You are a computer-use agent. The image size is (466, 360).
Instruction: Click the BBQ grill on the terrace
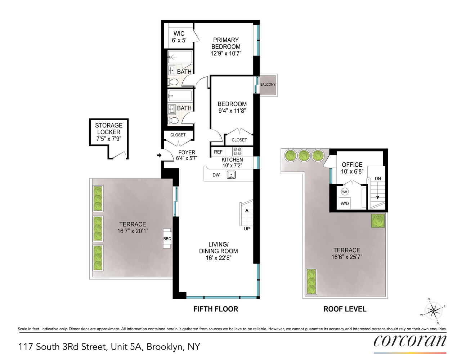click(x=167, y=238)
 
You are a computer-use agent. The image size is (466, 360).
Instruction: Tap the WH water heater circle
click(x=345, y=192)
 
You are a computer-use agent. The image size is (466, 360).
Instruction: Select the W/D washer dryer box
click(x=345, y=203)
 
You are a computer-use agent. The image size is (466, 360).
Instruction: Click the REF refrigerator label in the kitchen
click(x=218, y=152)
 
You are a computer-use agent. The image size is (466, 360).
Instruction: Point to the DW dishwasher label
click(x=216, y=175)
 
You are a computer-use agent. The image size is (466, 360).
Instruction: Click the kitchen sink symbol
click(x=231, y=175)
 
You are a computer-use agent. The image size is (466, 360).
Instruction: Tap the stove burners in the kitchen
click(x=237, y=151)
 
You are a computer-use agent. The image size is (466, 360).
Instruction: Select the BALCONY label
click(x=268, y=85)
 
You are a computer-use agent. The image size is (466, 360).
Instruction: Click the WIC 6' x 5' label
click(x=179, y=37)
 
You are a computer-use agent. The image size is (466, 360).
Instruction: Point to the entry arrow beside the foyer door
click(x=159, y=156)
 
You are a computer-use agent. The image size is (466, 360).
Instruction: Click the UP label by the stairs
click(x=247, y=229)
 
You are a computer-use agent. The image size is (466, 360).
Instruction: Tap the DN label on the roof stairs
click(x=378, y=179)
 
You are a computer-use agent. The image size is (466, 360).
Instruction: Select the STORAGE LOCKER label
click(x=109, y=132)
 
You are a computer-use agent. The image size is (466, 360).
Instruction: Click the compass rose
click(x=433, y=311)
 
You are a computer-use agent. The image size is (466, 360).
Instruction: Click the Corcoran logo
click(x=410, y=341)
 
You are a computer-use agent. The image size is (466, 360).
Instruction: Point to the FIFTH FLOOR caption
click(x=216, y=309)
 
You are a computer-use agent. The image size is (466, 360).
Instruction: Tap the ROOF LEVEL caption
click(x=345, y=309)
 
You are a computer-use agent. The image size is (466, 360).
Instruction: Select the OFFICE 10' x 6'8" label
click(x=352, y=168)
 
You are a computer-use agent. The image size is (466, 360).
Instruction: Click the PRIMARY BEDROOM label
click(x=226, y=46)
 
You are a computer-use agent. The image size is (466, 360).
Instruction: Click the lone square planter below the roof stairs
click(x=378, y=221)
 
